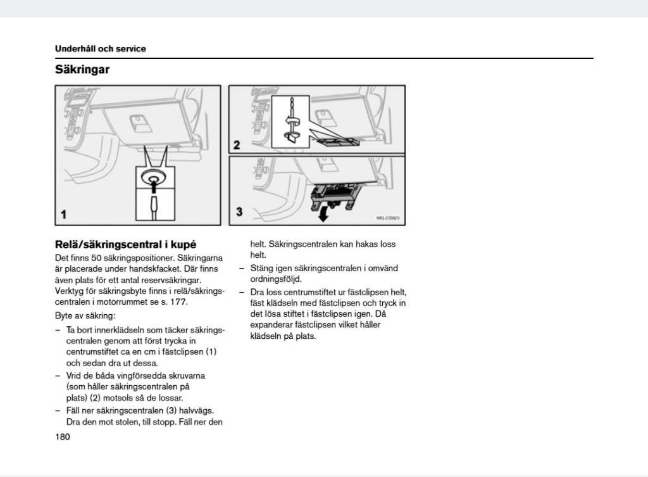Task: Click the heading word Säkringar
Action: pyautogui.click(x=82, y=70)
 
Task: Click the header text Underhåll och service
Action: pyautogui.click(x=100, y=49)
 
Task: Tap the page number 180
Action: pyautogui.click(x=63, y=436)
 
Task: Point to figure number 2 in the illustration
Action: pyautogui.click(x=237, y=145)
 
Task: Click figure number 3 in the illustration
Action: pyautogui.click(x=239, y=212)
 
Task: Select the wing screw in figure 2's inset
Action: pyautogui.click(x=292, y=122)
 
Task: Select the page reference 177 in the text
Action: pyautogui.click(x=178, y=302)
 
